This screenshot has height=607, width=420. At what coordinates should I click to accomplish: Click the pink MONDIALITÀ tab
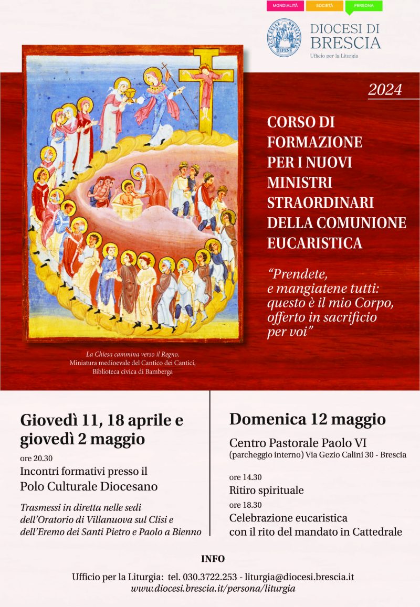coord(285,6)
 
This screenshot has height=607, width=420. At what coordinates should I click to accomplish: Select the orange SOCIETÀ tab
coord(324,6)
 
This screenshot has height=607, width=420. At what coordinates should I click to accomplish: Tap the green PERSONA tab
coord(363,6)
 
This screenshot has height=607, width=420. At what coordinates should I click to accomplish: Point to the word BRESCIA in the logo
coord(345,42)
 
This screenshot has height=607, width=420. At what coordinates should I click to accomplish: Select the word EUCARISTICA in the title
coord(314,243)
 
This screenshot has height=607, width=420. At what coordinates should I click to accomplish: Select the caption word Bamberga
coord(154,372)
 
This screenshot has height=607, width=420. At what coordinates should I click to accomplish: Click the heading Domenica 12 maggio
coord(307,419)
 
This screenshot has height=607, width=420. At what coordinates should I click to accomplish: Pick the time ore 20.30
coord(37,458)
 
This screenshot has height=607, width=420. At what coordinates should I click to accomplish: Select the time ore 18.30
coord(245,505)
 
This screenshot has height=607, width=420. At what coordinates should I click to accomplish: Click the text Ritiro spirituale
coord(266,491)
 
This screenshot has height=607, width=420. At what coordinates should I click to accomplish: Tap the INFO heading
coord(213,559)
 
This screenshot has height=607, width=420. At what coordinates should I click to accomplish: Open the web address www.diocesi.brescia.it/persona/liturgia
coord(213,589)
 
